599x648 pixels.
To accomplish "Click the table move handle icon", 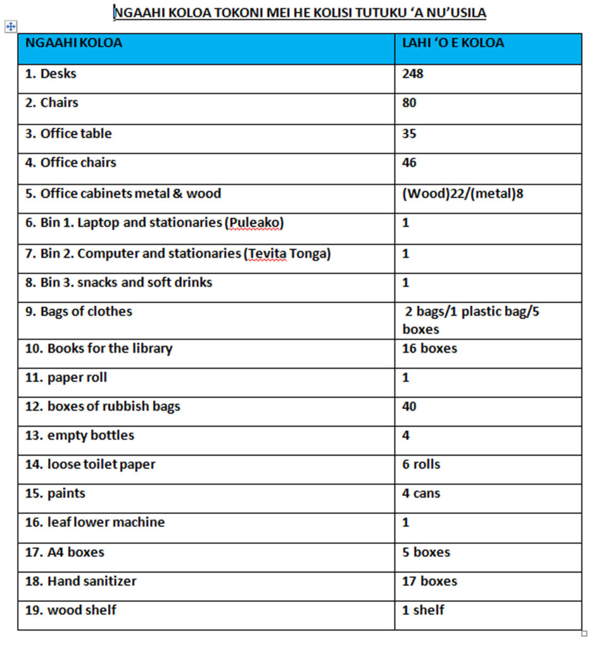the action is click(11, 27).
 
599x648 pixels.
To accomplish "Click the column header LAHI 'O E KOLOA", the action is click(453, 44).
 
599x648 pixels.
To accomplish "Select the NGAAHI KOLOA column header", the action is click(73, 44).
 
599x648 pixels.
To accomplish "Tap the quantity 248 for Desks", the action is click(412, 74).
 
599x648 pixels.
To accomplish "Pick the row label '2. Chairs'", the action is click(52, 103).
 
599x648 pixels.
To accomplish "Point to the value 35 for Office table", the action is click(409, 134).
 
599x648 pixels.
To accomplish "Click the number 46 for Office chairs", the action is click(409, 163).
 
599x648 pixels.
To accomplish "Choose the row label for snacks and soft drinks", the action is click(119, 282).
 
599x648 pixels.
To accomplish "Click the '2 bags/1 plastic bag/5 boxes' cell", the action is click(470, 320).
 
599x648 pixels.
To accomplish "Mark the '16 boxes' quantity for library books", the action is click(429, 349).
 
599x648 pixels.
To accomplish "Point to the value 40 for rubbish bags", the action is click(409, 406).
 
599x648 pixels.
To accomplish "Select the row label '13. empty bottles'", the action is click(80, 435).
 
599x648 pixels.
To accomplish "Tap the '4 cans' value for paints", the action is click(421, 494).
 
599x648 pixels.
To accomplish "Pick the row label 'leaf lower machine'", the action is click(95, 523).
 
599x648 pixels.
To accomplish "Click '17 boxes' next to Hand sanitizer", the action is click(429, 581).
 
